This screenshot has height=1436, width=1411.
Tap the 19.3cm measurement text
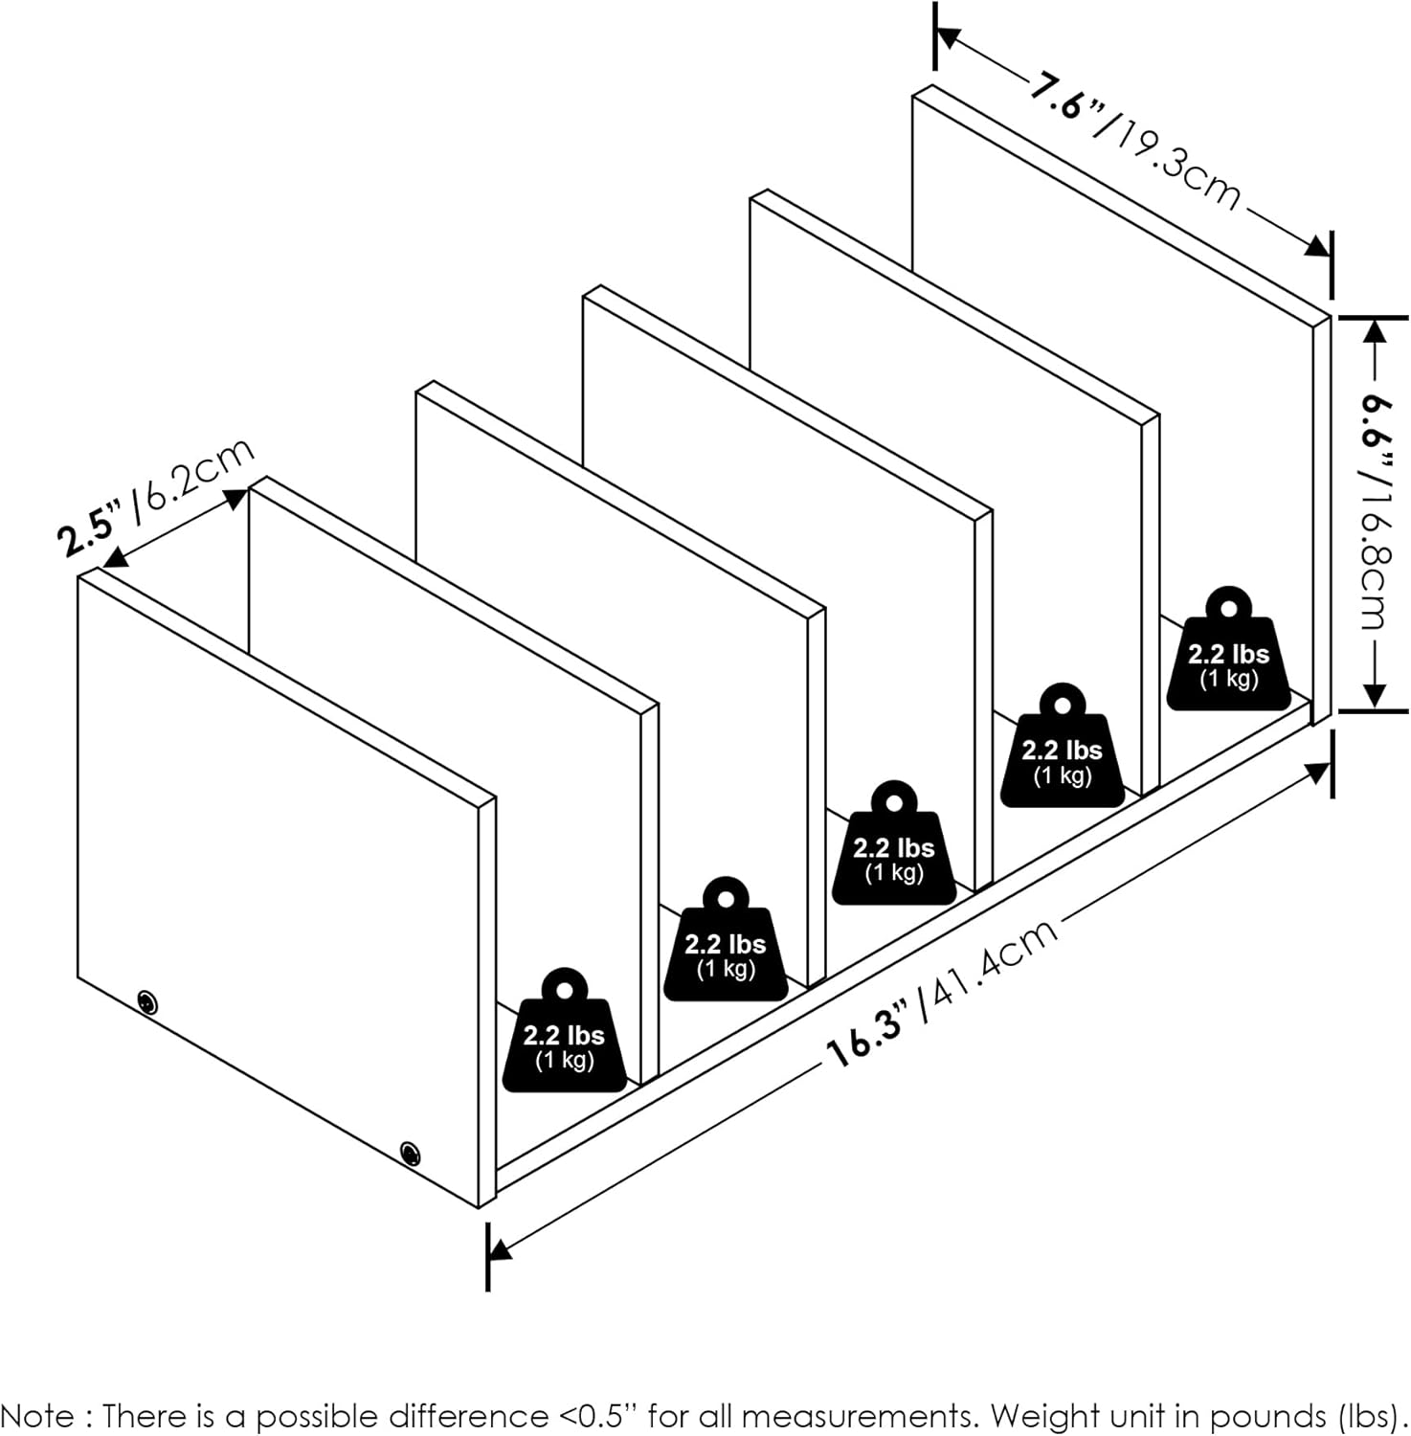click(1177, 161)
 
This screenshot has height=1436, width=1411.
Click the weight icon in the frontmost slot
click(565, 1030)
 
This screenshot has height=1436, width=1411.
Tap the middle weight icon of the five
click(893, 842)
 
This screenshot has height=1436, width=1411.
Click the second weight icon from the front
click(726, 938)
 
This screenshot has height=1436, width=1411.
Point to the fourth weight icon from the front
click(1062, 745)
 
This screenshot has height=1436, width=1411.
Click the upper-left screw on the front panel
click(146, 1002)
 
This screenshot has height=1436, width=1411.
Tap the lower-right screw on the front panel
click(410, 1152)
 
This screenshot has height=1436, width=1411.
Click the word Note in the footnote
click(37, 1415)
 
